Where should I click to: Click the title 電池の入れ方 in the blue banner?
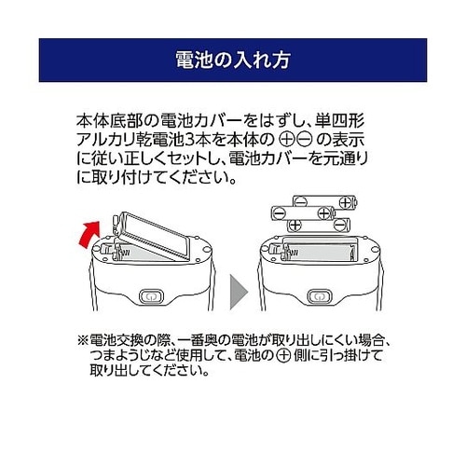(233, 60)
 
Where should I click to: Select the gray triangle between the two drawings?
(239, 292)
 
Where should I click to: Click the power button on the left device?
(151, 296)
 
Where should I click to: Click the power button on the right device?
(320, 296)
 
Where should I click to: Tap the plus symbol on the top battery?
(345, 202)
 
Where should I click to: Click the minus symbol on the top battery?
(301, 202)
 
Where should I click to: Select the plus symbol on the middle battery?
(323, 213)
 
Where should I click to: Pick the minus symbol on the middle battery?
(279, 213)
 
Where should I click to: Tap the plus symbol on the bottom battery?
(295, 225)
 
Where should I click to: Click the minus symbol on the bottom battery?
(340, 225)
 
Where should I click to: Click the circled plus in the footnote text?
(283, 356)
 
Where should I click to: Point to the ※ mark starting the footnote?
(83, 341)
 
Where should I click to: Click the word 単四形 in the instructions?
(339, 121)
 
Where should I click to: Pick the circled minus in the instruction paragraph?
(303, 141)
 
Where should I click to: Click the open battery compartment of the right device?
(320, 250)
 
